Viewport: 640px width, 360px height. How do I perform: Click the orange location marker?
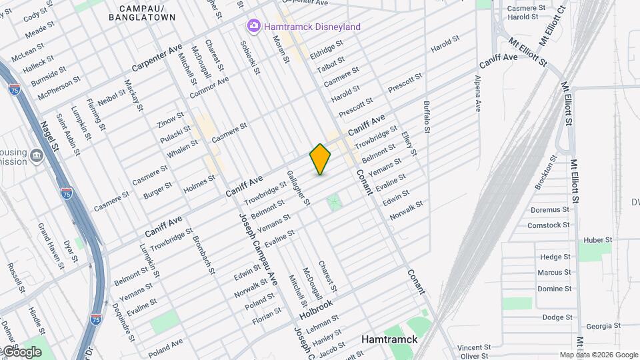coord(320,159)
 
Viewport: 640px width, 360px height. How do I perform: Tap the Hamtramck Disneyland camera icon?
coord(253,27)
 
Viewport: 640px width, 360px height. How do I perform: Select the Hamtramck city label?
coord(389,339)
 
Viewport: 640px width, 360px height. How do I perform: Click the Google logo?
coord(21,351)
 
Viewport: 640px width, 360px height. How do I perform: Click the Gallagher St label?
coord(298,188)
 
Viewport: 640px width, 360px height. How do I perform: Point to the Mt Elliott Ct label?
coord(551,25)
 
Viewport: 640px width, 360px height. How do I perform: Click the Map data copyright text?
coord(599,355)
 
